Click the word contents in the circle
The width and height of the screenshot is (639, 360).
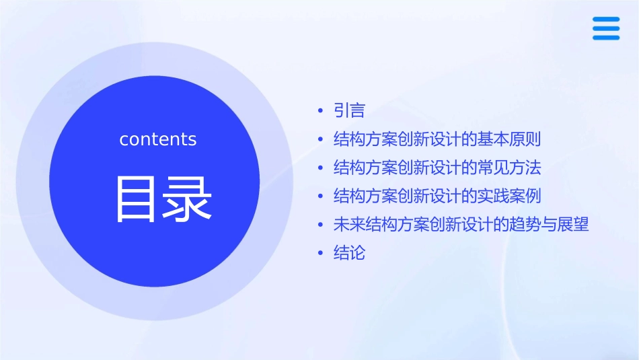pos(158,139)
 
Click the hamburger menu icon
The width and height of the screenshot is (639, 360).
pos(606,28)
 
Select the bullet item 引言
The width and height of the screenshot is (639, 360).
pos(349,110)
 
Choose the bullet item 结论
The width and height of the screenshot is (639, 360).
pos(349,253)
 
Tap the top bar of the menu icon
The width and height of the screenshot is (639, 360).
pos(606,19)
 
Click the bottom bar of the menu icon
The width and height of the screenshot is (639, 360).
pos(606,38)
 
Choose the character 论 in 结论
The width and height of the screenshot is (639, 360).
pos(357,253)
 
